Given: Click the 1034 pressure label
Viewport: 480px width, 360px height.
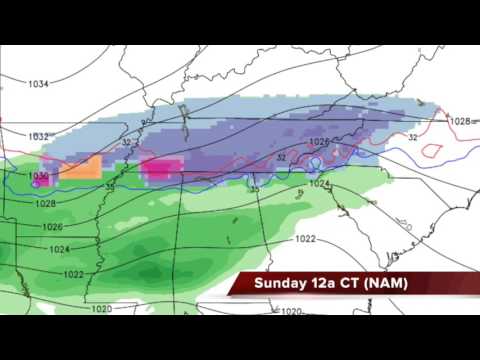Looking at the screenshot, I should coord(38,84).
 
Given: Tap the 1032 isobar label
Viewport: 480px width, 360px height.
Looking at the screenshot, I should coord(38,136).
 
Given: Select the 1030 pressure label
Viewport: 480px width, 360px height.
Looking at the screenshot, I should coord(38,175).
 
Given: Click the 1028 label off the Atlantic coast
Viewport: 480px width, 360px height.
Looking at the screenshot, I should coord(459,121).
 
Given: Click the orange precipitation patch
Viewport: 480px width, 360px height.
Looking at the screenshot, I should coord(82,167).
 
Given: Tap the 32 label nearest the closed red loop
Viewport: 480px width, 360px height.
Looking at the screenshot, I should coord(412,138).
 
